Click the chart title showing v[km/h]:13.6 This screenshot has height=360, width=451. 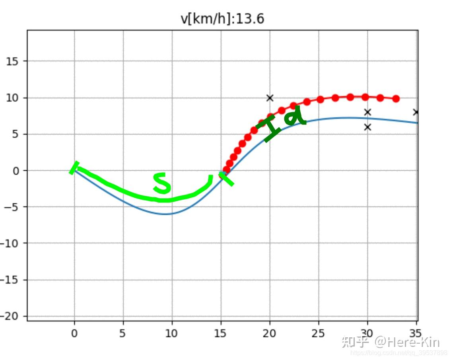[222, 19]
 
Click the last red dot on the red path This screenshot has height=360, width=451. [396, 99]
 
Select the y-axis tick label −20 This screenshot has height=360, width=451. [11, 316]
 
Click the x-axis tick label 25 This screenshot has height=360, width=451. [319, 333]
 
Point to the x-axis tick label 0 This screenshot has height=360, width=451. [74, 333]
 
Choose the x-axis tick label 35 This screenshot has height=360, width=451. [416, 333]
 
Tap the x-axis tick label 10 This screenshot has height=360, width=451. [172, 333]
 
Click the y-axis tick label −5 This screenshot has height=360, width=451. [11, 207]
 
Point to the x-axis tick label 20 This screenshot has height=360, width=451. [270, 333]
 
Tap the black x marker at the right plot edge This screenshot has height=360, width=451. [416, 112]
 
